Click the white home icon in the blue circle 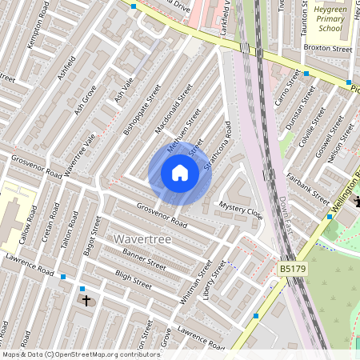point(180,172)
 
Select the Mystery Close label point(241,210)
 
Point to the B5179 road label point(293,270)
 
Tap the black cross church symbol point(87,301)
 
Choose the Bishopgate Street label point(143,110)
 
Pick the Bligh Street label point(133,278)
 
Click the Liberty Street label point(215,279)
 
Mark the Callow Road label point(28,224)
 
